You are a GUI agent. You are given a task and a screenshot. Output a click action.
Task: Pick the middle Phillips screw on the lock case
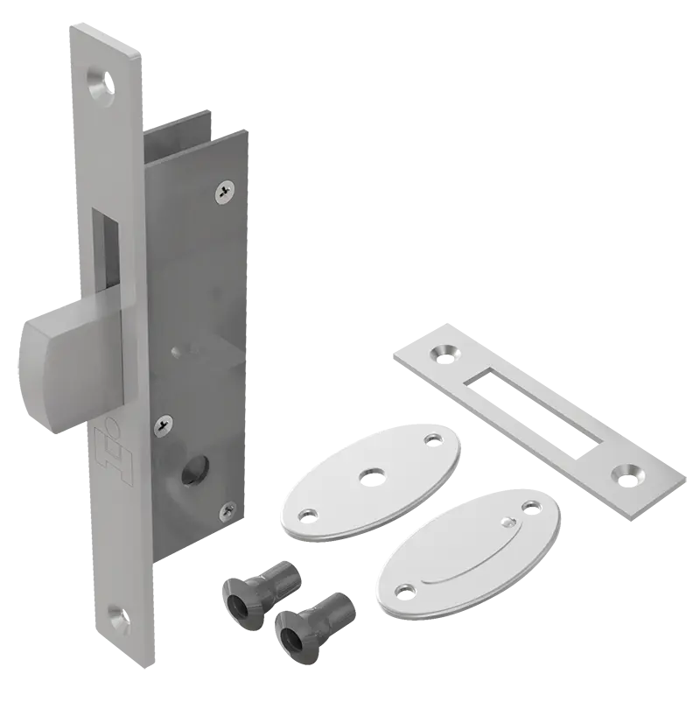click(161, 426)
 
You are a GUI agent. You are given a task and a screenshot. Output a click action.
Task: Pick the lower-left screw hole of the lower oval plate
click(404, 589)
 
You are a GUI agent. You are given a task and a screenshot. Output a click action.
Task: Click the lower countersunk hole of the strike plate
click(628, 473)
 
